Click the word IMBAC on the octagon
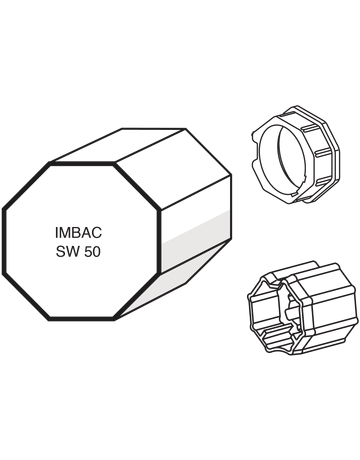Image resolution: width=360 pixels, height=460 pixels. point(78,233)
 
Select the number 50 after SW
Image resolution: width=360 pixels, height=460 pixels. point(92,252)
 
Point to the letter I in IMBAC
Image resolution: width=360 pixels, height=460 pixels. point(57,233)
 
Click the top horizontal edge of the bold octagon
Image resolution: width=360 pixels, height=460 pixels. point(82,163)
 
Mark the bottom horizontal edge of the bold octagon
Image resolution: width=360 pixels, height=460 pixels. point(82,319)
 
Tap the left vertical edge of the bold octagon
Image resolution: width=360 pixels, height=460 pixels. point(4,242)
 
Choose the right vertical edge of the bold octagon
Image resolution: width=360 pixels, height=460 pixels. point(160,242)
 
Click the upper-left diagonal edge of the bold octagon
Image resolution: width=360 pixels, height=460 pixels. point(26,186)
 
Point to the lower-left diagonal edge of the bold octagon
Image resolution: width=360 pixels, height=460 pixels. point(26,297)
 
